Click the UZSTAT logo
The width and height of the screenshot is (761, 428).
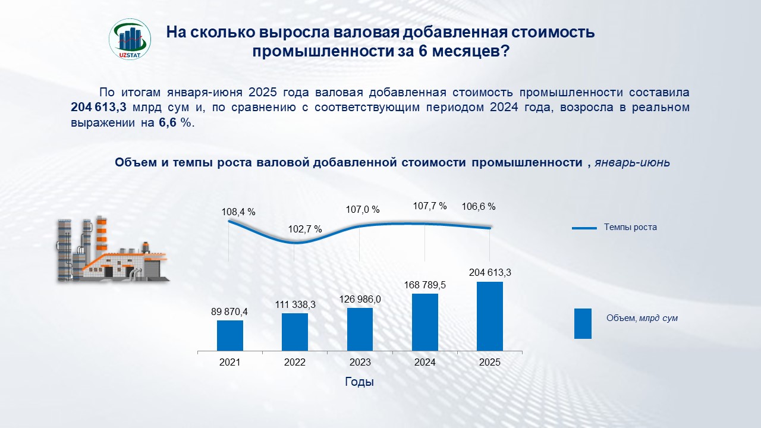tap(130, 39)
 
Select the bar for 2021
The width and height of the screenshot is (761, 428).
tap(229, 335)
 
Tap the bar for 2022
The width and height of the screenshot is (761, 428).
tap(295, 332)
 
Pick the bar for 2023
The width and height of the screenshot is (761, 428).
tap(360, 329)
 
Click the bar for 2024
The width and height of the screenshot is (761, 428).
tap(425, 322)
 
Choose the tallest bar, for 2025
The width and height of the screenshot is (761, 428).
tap(490, 316)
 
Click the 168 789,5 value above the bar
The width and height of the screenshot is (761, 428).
tap(425, 285)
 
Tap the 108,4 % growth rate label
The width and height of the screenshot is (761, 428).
tap(238, 212)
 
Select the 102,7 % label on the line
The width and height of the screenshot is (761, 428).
tap(305, 229)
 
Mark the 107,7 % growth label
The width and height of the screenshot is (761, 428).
tap(430, 206)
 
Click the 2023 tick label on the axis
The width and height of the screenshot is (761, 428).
tap(360, 362)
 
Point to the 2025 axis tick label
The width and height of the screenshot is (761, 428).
tap(490, 362)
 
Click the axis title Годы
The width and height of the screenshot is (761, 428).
tap(360, 382)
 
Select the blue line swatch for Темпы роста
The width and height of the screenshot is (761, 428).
tap(584, 228)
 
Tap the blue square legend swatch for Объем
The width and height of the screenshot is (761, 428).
tap(583, 323)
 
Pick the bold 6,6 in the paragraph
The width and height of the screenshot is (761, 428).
tap(168, 123)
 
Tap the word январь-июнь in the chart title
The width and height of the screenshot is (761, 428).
tap(632, 163)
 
